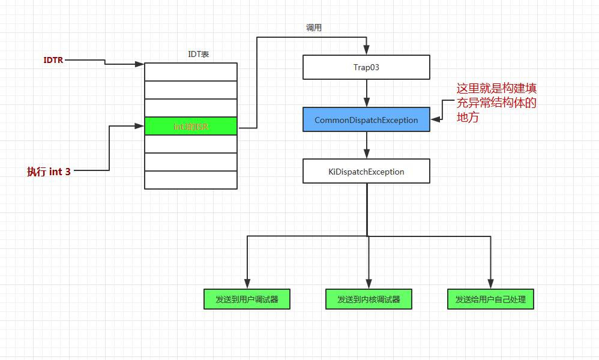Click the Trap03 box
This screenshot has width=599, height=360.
click(366, 67)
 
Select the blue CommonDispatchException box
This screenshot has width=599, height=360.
click(366, 120)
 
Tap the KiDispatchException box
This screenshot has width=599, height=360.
click(366, 172)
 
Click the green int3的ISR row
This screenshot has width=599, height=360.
click(191, 127)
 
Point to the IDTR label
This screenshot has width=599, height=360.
click(53, 60)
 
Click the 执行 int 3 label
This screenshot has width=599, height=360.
click(49, 172)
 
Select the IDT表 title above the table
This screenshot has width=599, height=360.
click(198, 54)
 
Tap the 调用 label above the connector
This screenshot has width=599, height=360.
click(314, 28)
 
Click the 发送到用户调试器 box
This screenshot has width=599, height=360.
click(247, 299)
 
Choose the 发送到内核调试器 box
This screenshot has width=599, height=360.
click(369, 299)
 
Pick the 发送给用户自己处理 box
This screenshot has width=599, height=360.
click(490, 299)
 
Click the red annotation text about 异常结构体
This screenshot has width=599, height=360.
click(496, 102)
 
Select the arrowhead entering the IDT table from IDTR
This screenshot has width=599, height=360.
click(140, 63)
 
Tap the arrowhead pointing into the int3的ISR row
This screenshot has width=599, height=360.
click(140, 126)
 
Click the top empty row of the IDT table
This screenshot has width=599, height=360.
click(191, 72)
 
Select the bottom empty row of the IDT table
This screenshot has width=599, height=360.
click(191, 180)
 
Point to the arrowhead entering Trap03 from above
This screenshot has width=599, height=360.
click(366, 51)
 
